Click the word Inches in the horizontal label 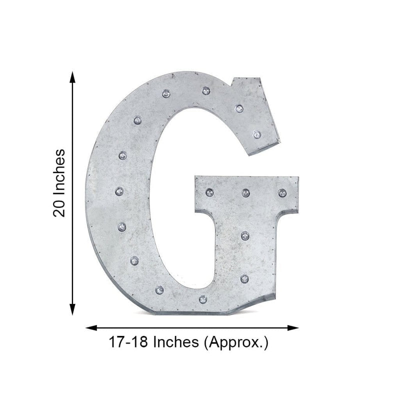174,343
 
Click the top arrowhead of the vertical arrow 73,76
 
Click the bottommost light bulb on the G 202,299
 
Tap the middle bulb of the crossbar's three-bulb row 245,192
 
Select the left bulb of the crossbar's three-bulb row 209,192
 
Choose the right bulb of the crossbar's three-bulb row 282,192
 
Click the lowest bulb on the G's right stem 244,278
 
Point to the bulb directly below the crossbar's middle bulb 244,234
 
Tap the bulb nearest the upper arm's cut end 256,134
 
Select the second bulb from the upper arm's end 239,108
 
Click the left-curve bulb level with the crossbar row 119,191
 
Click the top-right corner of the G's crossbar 298,177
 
